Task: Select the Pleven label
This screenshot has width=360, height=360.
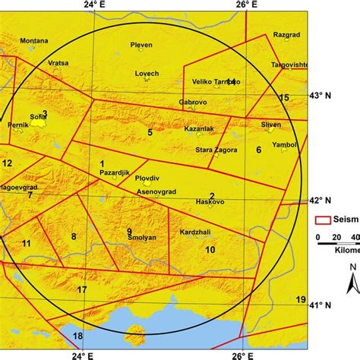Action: [142, 45]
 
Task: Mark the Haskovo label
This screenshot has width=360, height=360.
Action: [210, 203]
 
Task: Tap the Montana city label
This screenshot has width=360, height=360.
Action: [34, 40]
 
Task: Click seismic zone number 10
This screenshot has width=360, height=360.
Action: [210, 249]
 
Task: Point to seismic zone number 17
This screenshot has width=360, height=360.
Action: [82, 289]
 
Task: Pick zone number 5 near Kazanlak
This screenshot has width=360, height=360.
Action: [150, 132]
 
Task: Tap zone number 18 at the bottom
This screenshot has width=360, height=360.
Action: [77, 336]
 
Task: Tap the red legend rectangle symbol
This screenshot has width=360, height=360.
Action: [323, 220]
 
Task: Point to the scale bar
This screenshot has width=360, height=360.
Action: [339, 244]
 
